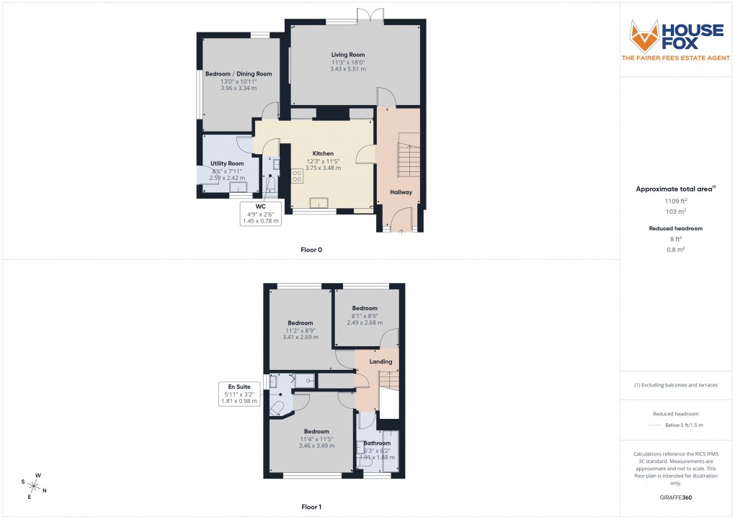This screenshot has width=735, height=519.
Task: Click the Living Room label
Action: [348, 55]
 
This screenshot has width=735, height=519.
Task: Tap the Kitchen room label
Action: [323, 153]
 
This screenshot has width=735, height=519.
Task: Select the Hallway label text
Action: [401, 192]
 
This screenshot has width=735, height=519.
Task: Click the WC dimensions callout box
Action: [260, 214]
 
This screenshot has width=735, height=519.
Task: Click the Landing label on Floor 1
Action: [380, 361]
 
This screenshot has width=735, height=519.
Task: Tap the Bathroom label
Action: [377, 443]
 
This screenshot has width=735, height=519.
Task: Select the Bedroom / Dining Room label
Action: [239, 73]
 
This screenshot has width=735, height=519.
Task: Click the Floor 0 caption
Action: [311, 250]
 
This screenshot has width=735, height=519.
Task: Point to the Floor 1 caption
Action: [311, 507]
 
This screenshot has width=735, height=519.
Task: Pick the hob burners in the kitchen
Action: [296, 176]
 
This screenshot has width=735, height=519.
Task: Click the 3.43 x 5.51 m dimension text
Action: [348, 69]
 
